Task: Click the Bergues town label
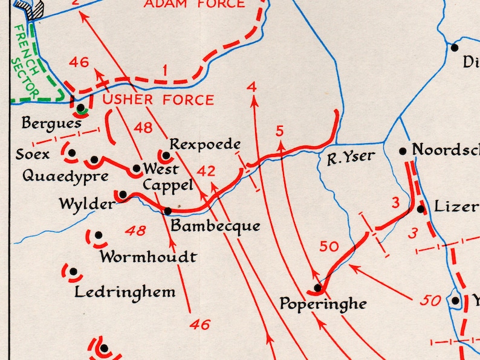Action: point(51,124)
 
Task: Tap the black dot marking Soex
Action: point(72,153)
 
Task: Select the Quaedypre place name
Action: point(65,176)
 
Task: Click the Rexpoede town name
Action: point(205,144)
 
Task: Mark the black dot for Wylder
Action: point(123,194)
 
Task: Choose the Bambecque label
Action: point(215,227)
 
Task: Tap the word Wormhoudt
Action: point(148,257)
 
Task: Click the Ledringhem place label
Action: point(125,292)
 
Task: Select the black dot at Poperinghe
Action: point(317,288)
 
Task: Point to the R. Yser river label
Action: point(351,158)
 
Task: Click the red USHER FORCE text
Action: point(158,100)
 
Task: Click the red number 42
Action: point(206,172)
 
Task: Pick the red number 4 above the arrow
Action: point(252,87)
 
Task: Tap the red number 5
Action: point(279,130)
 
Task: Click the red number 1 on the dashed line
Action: point(164,70)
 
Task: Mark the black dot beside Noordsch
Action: point(403,150)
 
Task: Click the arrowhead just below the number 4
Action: point(253,101)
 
